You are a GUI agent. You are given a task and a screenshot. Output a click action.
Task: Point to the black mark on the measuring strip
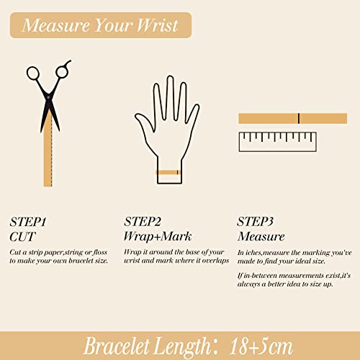[x=298, y=119]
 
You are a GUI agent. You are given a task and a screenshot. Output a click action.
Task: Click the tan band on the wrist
[x=168, y=172]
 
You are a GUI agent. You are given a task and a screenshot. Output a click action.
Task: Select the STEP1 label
[x=29, y=221]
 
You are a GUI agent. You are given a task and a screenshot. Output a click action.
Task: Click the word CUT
[x=23, y=235]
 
